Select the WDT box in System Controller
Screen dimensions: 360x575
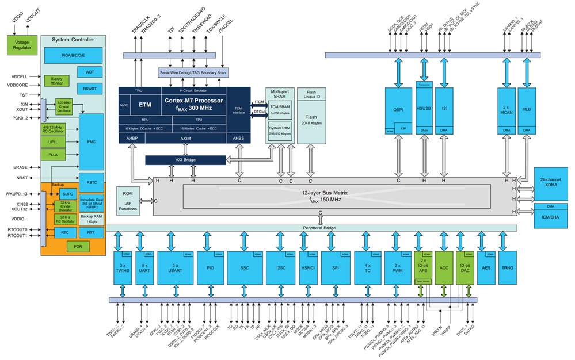tap(90, 72)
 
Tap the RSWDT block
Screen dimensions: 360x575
tap(90, 89)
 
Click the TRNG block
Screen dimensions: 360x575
tap(507, 268)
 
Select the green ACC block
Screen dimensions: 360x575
tap(444, 268)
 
